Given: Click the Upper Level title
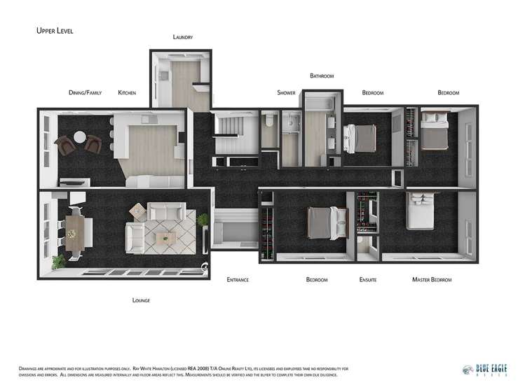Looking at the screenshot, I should point(54,31).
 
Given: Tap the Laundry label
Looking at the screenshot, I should point(182,37).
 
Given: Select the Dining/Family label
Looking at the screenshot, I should point(85,92).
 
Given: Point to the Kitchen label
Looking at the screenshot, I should point(127,92).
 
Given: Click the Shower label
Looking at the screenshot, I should point(286,92).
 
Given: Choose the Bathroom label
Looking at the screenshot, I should point(322,76).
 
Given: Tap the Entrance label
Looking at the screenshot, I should point(238,280).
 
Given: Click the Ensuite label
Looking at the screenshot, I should point(368,280).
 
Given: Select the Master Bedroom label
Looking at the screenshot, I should point(432,280).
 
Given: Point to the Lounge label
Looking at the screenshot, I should point(141,300).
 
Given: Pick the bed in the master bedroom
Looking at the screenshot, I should point(422,212).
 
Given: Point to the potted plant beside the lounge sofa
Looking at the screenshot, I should point(203,222).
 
